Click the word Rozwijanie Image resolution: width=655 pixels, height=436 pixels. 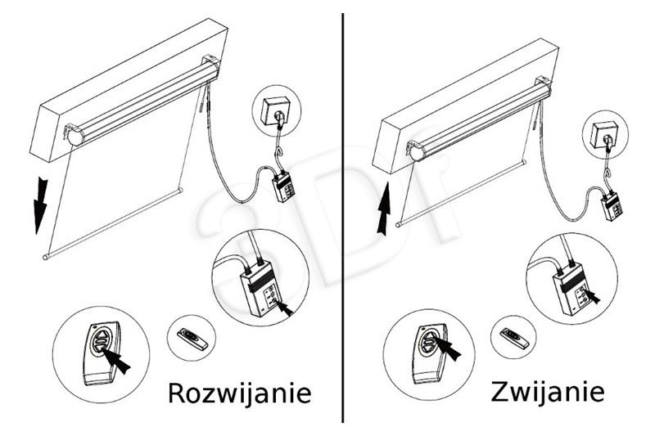240,393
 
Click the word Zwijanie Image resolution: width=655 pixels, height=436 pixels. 548,392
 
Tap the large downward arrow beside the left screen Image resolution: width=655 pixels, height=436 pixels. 40,205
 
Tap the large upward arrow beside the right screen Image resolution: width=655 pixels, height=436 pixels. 383,209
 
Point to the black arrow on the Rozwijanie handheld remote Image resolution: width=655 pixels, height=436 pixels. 116,360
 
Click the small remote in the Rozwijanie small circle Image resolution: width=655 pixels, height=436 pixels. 192,339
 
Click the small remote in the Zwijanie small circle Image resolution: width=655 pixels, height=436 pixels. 514,338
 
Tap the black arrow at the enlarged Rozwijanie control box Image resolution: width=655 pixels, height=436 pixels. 283,308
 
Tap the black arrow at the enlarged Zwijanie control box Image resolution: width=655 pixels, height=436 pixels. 592,296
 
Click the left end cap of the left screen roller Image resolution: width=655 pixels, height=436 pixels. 75,137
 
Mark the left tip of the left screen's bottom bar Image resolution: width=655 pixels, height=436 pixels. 45,257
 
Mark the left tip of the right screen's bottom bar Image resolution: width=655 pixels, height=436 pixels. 398,225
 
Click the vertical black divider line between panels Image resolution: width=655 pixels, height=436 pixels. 343,218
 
